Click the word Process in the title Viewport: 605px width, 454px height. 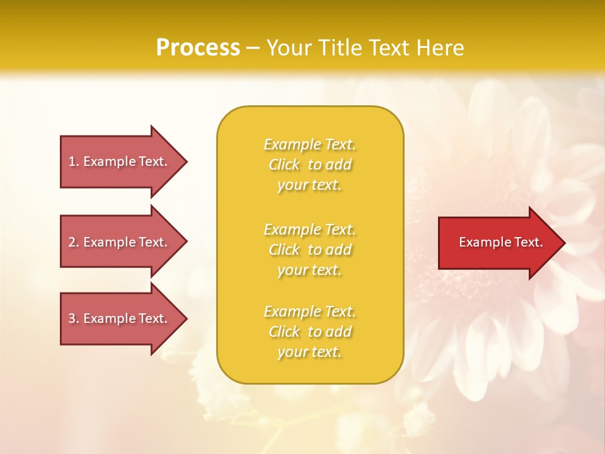[x=198, y=48]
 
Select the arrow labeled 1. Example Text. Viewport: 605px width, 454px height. [x=120, y=161]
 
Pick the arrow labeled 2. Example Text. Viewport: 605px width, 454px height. [x=120, y=242]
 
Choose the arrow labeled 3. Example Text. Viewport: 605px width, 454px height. [x=120, y=318]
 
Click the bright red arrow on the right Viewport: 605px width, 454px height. [x=498, y=243]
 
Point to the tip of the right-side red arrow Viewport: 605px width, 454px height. [x=563, y=243]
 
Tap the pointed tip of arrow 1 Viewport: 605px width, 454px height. [x=185, y=161]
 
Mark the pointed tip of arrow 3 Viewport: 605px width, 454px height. [x=185, y=318]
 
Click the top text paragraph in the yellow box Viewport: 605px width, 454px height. [x=309, y=165]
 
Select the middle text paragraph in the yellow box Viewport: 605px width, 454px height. [x=309, y=250]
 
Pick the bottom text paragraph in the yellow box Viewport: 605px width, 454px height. [x=309, y=332]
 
